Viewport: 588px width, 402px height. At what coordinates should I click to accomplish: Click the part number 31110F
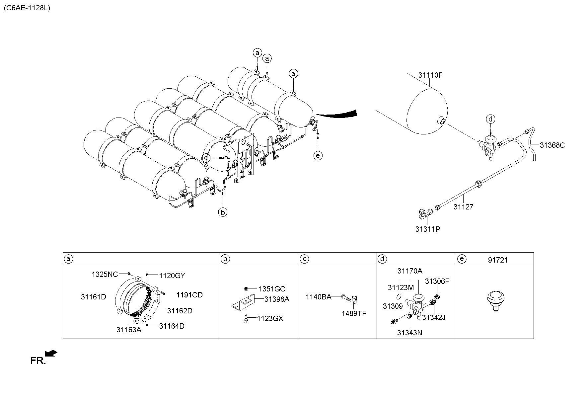[x=430, y=75]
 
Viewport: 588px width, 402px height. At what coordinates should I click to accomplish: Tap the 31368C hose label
[x=552, y=145]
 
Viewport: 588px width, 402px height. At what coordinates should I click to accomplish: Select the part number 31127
[x=463, y=207]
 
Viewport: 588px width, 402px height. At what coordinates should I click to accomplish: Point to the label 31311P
[x=428, y=229]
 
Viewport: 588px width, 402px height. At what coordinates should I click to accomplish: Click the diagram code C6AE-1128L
[x=27, y=8]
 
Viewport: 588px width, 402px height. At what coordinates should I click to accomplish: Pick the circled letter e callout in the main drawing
[x=318, y=155]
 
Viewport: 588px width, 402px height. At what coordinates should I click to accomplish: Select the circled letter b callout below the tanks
[x=223, y=212]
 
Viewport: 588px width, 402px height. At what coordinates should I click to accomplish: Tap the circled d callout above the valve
[x=491, y=119]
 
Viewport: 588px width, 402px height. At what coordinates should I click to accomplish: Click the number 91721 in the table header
[x=497, y=260]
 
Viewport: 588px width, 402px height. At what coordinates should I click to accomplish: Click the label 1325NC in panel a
[x=105, y=274]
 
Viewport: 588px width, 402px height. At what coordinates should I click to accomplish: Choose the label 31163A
[x=129, y=330]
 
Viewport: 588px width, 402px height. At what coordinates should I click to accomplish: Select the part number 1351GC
[x=272, y=289]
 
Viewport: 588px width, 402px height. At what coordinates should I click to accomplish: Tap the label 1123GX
[x=270, y=319]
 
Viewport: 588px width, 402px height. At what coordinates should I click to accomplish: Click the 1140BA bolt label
[x=319, y=297]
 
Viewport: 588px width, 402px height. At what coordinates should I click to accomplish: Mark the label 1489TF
[x=354, y=313]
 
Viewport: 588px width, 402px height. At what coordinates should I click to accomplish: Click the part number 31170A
[x=410, y=271]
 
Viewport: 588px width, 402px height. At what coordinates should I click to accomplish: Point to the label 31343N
[x=409, y=333]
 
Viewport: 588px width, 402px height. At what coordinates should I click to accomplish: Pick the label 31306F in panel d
[x=437, y=281]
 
